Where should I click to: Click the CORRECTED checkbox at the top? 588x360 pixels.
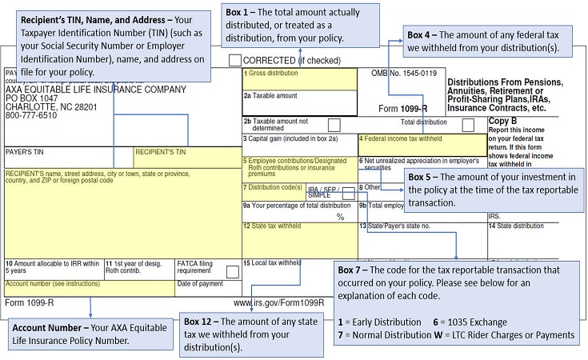click(x=234, y=60)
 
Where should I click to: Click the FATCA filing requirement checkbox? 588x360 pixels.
click(x=233, y=271)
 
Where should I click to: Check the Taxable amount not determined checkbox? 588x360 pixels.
click(x=334, y=125)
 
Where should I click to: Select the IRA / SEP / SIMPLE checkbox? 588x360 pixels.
click(x=348, y=193)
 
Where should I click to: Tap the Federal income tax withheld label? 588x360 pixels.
click(x=401, y=138)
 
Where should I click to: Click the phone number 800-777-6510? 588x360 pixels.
click(x=31, y=115)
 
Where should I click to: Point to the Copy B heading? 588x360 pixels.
click(x=503, y=121)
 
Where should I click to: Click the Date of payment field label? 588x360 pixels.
click(x=200, y=283)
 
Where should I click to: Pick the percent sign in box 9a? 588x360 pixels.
click(x=340, y=217)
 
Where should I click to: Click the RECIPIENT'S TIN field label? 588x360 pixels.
click(x=160, y=151)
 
